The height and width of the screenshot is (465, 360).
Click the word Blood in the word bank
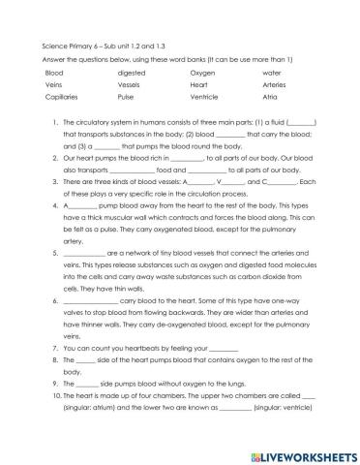tap(54, 73)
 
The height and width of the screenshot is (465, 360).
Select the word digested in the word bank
tap(131, 73)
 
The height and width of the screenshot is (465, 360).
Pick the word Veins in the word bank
tap(53, 85)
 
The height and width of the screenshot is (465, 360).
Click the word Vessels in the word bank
tap(129, 85)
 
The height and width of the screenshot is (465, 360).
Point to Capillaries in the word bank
tap(61, 98)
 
